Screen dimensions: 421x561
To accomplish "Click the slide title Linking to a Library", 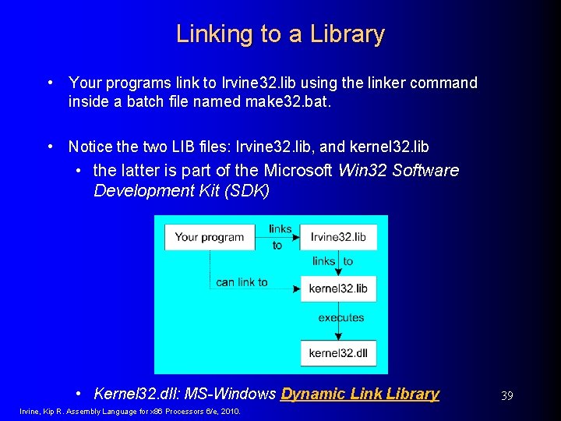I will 280,34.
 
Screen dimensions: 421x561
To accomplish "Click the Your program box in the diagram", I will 209,238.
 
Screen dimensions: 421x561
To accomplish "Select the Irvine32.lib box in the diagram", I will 338,238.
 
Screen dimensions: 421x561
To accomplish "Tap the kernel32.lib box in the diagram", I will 338,288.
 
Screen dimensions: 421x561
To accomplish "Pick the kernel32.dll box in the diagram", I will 338,353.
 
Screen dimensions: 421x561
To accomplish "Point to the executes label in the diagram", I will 341,318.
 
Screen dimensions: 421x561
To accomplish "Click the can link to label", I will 242,282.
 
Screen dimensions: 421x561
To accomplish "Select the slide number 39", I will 506,396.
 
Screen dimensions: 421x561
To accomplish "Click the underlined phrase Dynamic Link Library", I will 360,394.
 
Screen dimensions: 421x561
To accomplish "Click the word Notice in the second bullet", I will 90,147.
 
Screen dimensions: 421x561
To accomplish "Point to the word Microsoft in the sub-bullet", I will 299,170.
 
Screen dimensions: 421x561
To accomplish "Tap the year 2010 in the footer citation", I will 231,412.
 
